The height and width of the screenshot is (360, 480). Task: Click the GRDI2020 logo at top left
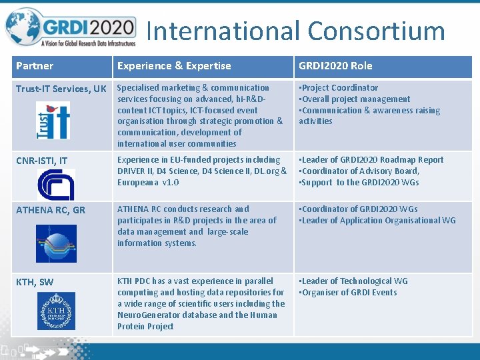[x=70, y=28]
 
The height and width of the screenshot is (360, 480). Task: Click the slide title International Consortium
[x=295, y=31]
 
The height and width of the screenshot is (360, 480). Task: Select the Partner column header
[x=35, y=66]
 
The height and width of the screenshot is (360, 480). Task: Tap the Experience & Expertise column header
[x=174, y=66]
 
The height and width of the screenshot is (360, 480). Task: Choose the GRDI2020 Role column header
[x=335, y=66]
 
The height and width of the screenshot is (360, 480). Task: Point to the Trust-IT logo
[x=53, y=120]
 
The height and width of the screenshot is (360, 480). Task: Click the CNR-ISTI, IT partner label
[x=41, y=161]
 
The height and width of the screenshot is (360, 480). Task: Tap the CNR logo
[x=55, y=184]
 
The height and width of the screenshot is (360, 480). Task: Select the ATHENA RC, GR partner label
[x=51, y=210]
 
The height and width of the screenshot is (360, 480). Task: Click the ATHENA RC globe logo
[x=56, y=243]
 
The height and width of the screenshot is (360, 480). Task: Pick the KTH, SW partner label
[x=35, y=282]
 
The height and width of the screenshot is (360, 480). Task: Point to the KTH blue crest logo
[x=56, y=311]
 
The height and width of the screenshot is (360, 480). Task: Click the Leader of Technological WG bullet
[x=354, y=281]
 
